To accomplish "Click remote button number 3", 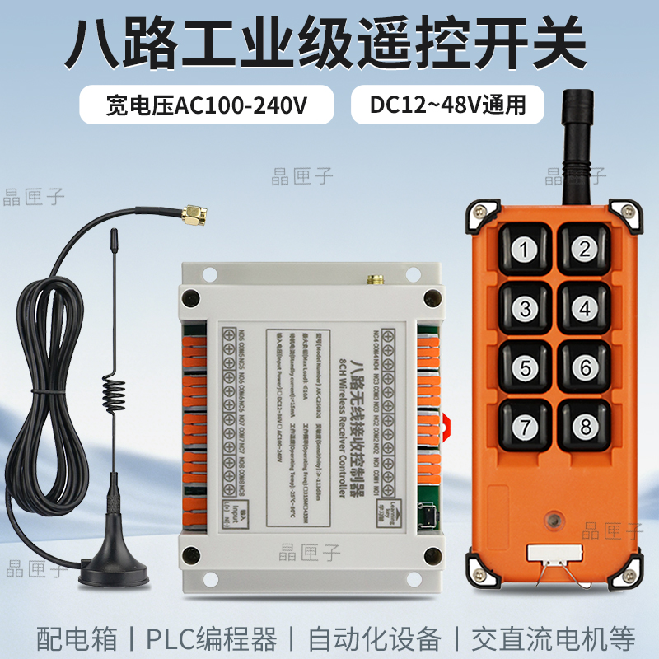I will pos(525,309).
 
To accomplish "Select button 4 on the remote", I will pos(585,309).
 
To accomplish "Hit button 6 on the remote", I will pos(585,367).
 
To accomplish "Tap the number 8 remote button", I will pos(585,426).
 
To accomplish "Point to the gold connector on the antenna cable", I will pos(194,217).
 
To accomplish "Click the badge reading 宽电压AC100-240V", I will pos(207,105).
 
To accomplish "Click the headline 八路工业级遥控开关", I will pos(329,43).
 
